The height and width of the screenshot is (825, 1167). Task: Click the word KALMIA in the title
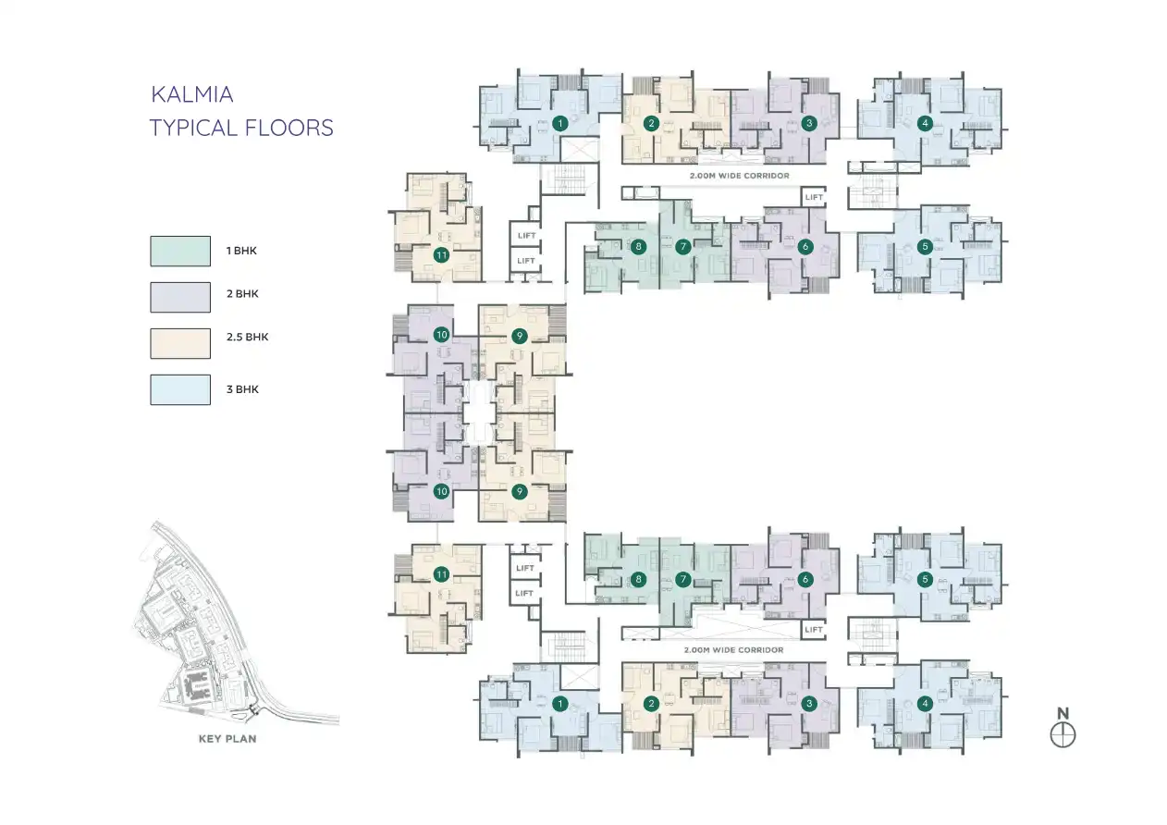pos(191,94)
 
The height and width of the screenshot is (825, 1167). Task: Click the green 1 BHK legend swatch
pos(180,251)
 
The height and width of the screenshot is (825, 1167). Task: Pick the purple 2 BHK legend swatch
pos(180,297)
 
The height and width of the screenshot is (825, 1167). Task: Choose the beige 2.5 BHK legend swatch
pos(180,342)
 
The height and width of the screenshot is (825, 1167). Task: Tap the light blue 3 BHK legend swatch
pos(180,389)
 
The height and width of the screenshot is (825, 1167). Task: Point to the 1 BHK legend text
pos(242,251)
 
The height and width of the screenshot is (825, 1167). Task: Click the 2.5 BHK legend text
pos(247,338)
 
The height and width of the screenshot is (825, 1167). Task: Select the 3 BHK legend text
pos(242,389)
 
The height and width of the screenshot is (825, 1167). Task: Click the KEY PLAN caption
pos(227,739)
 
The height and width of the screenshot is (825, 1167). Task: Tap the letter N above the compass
pos(1063,713)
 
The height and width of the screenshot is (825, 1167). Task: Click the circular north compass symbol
pos(1063,735)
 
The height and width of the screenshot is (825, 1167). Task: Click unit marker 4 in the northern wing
pos(924,123)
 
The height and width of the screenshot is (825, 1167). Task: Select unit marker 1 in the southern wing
pos(559,705)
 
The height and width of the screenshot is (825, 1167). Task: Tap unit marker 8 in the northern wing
pos(638,247)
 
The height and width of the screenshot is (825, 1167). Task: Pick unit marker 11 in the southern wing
pos(442,575)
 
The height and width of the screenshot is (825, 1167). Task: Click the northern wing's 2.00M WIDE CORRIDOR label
pos(739,175)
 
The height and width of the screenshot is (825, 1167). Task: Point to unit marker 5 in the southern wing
pos(924,580)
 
